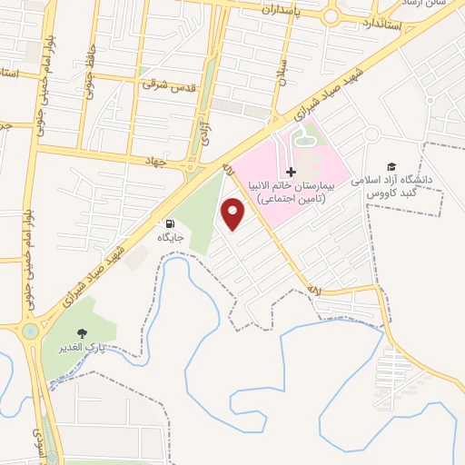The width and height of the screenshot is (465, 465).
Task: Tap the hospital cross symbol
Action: tap(291, 172)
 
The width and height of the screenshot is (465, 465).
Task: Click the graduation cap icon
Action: tap(391, 167)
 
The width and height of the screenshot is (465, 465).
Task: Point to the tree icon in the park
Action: tap(84, 334)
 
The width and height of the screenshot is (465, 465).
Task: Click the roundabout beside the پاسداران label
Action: tap(330, 15)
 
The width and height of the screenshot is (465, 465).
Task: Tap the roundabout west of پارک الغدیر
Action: tap(31, 331)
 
